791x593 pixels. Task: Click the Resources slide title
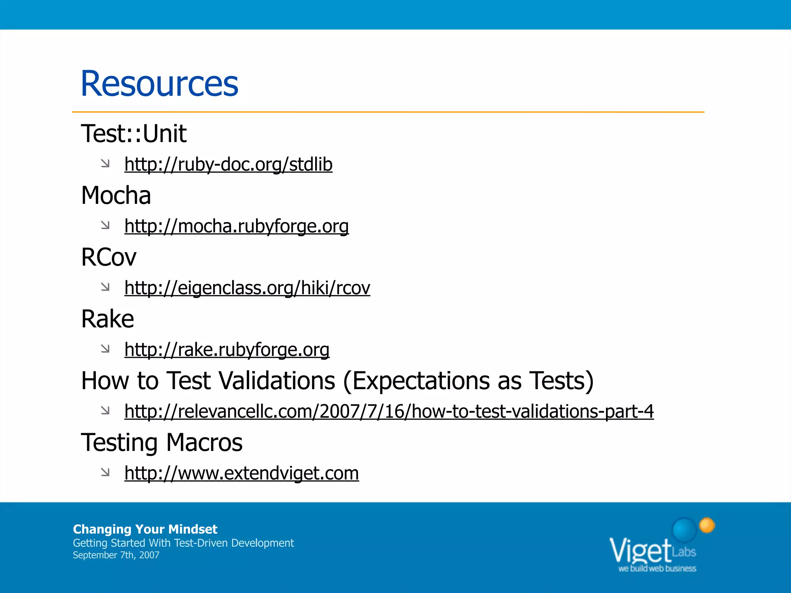point(159,84)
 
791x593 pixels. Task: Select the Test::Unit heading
point(134,134)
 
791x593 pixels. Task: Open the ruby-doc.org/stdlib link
point(228,164)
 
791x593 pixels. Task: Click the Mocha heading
point(116,195)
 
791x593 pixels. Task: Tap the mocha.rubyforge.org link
point(236,226)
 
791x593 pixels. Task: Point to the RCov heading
point(109,257)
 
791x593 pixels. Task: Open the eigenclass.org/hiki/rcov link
point(247,288)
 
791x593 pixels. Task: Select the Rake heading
point(107,319)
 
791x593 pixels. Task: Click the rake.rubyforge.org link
point(227,350)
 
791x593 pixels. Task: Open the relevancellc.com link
point(389,412)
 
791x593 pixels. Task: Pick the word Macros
point(204,442)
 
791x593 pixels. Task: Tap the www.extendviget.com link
point(241,473)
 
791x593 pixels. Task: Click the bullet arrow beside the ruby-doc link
point(105,164)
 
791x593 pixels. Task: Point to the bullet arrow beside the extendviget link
point(105,472)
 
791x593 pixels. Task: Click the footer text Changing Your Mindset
point(145,529)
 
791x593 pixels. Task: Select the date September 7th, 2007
point(116,555)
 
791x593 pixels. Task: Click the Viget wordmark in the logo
point(640,551)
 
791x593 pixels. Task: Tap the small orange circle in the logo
point(707,525)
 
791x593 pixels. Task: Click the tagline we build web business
point(657,569)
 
